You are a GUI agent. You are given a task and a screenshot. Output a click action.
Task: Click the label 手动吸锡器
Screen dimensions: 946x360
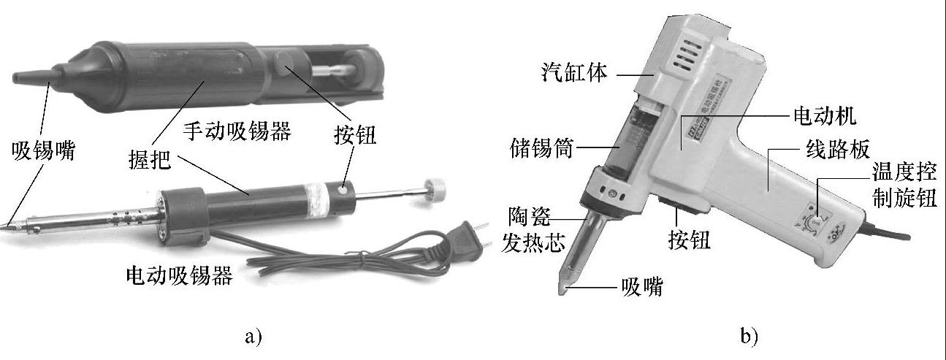click(x=237, y=131)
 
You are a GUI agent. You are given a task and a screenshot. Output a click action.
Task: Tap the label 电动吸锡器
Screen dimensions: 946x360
click(x=180, y=275)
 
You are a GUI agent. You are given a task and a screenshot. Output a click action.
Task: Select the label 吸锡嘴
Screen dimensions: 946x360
click(x=44, y=150)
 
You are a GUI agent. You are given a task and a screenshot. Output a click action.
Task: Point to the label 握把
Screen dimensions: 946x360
click(x=150, y=160)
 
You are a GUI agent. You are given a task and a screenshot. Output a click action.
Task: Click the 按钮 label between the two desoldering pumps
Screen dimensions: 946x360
click(x=355, y=135)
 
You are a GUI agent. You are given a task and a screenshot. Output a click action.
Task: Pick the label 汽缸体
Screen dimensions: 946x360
click(x=574, y=72)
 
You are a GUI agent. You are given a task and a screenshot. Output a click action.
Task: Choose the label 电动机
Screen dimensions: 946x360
click(x=825, y=115)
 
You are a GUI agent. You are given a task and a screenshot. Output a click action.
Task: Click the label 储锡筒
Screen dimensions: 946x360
click(x=542, y=148)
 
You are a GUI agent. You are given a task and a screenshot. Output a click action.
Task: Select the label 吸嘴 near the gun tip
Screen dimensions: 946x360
click(x=642, y=287)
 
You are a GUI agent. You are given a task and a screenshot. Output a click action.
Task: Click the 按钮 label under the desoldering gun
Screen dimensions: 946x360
click(x=690, y=240)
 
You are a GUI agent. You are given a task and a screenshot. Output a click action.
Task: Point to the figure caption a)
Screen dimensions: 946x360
click(x=253, y=337)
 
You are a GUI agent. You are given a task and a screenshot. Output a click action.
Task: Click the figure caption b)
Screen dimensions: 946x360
click(x=749, y=337)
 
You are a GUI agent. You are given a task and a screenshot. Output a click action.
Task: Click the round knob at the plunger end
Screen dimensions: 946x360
click(x=435, y=190)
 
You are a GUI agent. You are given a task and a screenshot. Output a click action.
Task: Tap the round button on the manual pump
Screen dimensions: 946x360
click(x=284, y=63)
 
